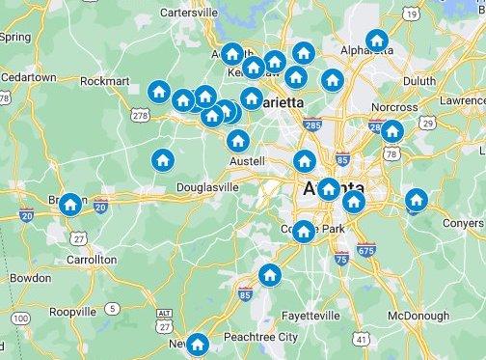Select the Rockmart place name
coord(104,82)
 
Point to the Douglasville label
coord(206,188)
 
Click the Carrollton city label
coord(92,260)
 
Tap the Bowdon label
coord(30,278)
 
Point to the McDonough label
coord(418,316)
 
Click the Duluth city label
coord(418,82)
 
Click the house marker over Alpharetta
coord(377,41)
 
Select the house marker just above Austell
coord(238,140)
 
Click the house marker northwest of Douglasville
coord(162,159)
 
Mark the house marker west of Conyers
coord(416,200)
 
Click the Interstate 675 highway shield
coord(365,250)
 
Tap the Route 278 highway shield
coord(141,116)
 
